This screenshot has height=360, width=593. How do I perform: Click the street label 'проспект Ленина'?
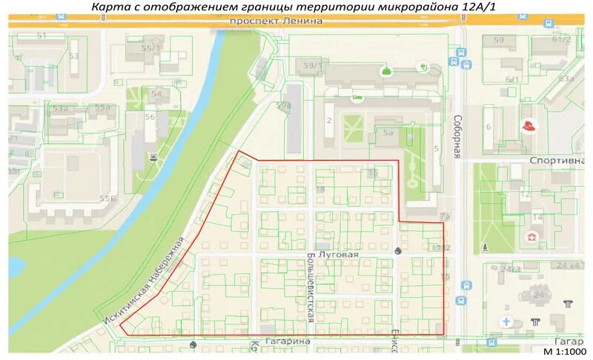coord(276,21)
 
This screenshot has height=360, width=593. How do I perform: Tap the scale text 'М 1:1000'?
coord(564,351)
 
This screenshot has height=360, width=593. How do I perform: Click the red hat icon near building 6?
coord(529,127)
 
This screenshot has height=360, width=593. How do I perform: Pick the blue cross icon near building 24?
coord(506,322)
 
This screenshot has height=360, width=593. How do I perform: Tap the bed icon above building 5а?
coord(357,97)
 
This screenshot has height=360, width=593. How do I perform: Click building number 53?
coord(73,56)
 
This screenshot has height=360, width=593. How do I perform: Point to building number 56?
coord(150,117)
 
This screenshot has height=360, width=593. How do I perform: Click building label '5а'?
coord(388,133)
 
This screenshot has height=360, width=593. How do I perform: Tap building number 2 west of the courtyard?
coord(328,121)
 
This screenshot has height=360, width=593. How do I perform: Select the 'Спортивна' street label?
coord(557,160)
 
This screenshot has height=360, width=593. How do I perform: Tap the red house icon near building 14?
coord(531,237)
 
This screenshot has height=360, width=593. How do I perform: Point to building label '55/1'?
coord(152,48)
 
